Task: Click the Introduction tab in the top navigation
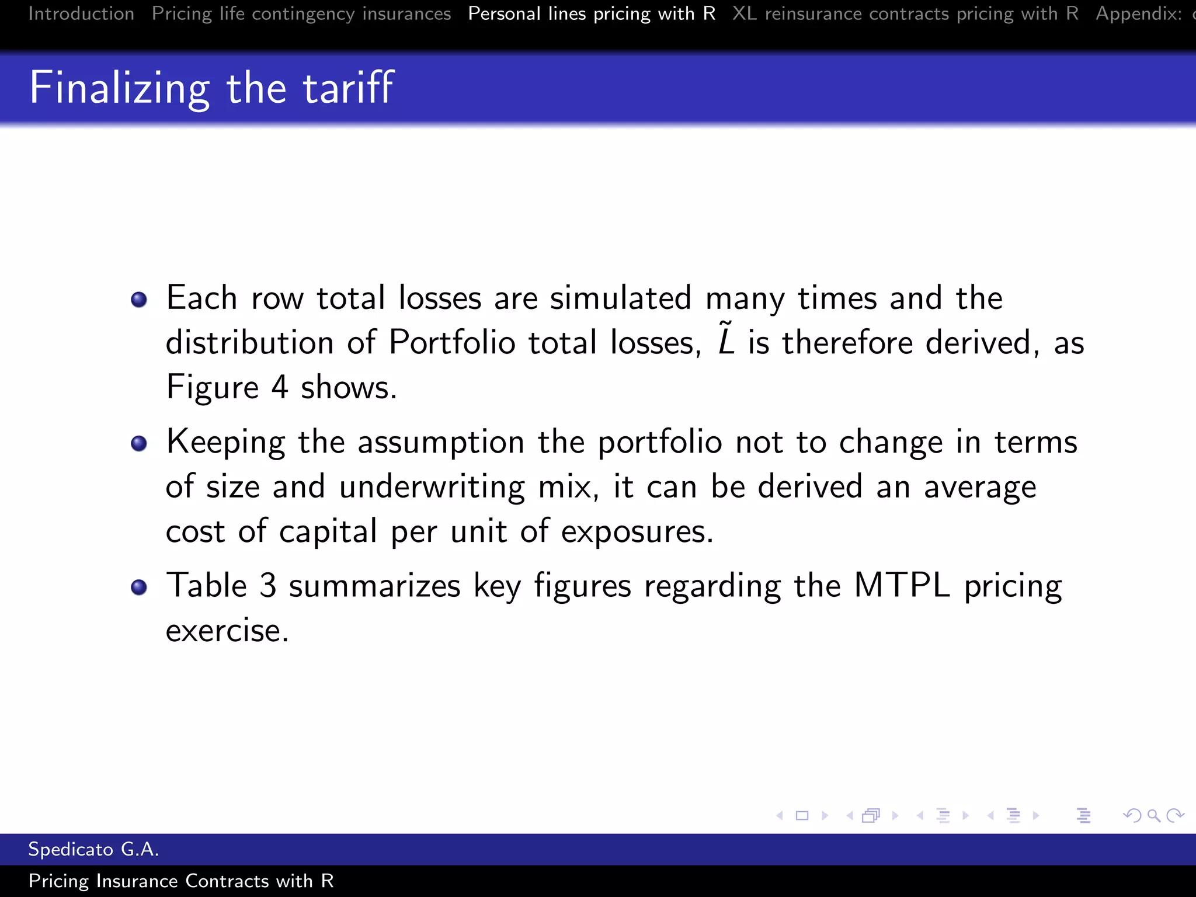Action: [x=81, y=13]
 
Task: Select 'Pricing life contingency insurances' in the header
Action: [x=301, y=13]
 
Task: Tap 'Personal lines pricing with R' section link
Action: [x=592, y=13]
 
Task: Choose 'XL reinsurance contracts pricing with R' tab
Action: [x=905, y=13]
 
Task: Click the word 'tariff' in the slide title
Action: [x=348, y=88]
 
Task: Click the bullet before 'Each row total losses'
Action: [x=139, y=300]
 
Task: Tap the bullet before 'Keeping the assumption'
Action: [x=139, y=444]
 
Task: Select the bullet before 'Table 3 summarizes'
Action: [x=139, y=587]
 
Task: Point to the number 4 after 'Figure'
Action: [x=280, y=387]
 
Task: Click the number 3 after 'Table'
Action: [x=267, y=585]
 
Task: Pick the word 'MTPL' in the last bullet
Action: [x=902, y=585]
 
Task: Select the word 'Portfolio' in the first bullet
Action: [x=451, y=343]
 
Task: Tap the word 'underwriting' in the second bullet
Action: [x=432, y=488]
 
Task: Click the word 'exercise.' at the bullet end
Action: [x=227, y=631]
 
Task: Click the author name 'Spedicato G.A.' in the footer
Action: [x=93, y=849]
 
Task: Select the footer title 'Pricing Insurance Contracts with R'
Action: [x=181, y=881]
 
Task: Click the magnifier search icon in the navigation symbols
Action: [x=1154, y=815]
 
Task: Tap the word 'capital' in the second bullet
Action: [x=328, y=532]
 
